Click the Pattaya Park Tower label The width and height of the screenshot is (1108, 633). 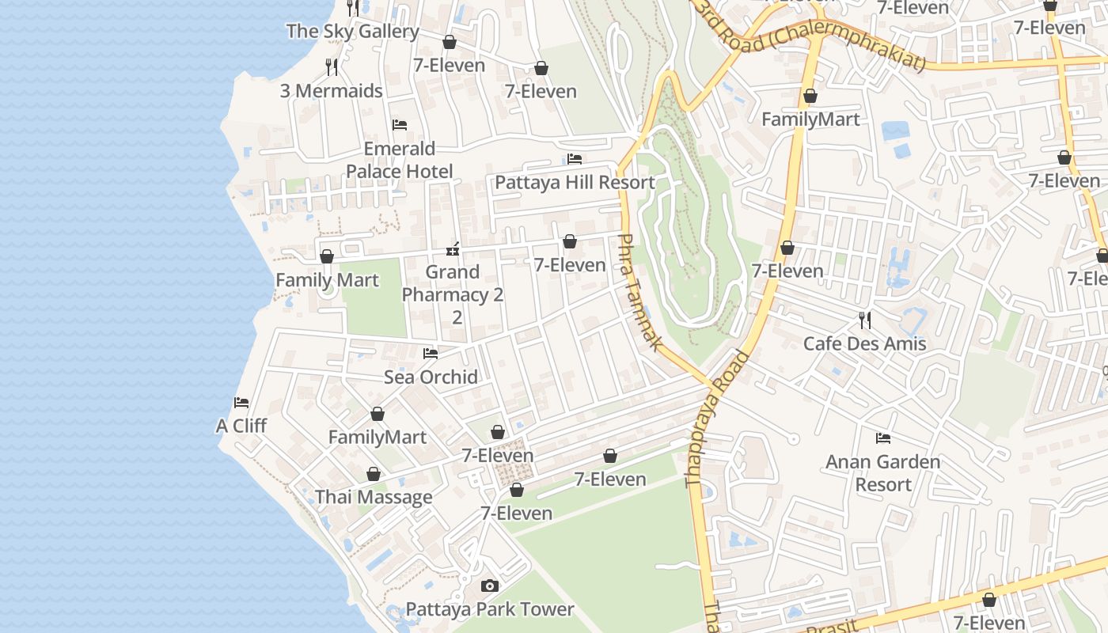pos(490,609)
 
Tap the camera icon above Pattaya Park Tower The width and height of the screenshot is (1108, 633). pos(490,586)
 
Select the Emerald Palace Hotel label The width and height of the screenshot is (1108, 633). pos(400,160)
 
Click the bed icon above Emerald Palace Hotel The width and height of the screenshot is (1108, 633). pos(400,125)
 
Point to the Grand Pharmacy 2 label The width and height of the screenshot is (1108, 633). pos(453,283)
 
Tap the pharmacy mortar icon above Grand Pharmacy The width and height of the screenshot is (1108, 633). pos(453,249)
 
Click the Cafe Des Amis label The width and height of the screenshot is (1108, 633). pos(864,343)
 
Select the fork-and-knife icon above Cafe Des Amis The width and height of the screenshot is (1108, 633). pos(865,320)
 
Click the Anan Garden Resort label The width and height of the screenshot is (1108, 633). pos(883,472)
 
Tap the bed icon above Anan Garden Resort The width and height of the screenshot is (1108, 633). pos(883,438)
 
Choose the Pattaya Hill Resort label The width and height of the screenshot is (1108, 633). pos(575,183)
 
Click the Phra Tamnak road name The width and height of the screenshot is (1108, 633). pos(639,292)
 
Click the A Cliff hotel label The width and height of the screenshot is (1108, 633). pos(241,426)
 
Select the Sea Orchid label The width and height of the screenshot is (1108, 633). pos(431,377)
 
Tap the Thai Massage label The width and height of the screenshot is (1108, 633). pos(374,497)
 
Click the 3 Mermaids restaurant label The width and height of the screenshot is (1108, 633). pos(332,90)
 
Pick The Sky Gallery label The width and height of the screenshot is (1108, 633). pos(353,32)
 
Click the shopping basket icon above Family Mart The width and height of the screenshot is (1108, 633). pos(327,257)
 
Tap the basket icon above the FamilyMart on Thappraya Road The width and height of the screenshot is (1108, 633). pos(810,97)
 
